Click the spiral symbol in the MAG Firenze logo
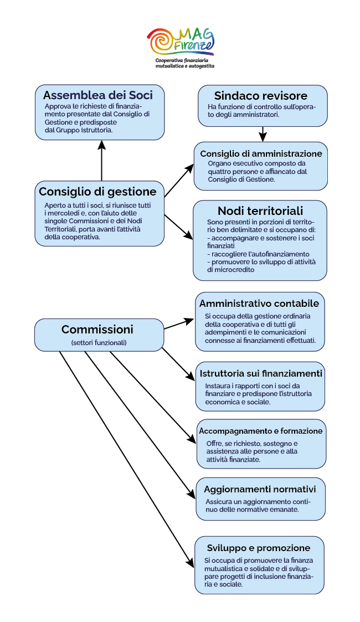162,41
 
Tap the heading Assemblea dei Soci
98,95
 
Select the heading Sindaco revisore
261,96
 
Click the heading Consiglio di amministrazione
261,153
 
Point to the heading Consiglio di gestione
97,192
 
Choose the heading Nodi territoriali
260,210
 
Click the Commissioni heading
97,329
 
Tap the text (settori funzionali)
99,342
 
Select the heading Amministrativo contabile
259,304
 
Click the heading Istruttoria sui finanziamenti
261,373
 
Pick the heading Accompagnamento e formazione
261,431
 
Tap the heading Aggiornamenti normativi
260,490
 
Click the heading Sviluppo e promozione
259,548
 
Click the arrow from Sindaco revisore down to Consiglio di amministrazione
263,134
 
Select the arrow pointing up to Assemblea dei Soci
102,161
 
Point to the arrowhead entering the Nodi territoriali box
189,235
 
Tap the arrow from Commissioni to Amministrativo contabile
179,324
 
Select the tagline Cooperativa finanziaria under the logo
182,60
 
